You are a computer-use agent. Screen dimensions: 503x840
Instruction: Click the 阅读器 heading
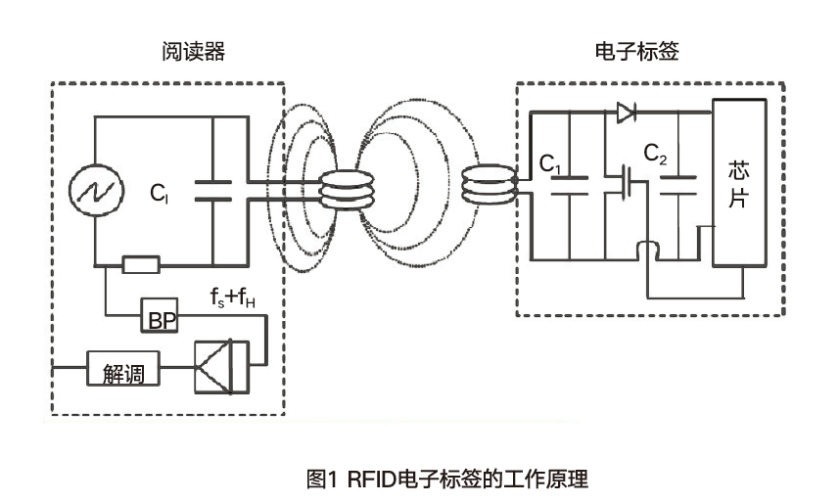pos(193,52)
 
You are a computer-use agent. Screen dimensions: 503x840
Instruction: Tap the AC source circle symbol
pos(96,187)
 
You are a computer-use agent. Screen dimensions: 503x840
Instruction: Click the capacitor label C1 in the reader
pos(160,194)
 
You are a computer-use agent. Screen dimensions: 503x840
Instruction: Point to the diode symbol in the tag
pos(626,113)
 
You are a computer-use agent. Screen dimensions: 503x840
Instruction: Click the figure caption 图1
pos(321,480)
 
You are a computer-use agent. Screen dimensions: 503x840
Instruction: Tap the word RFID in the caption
pos(371,480)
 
